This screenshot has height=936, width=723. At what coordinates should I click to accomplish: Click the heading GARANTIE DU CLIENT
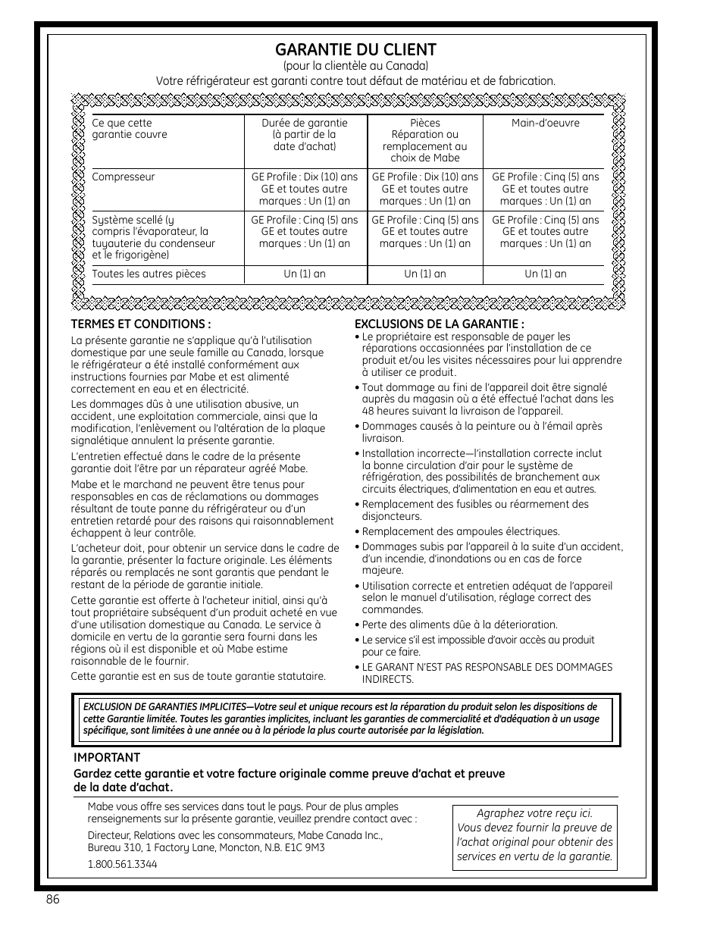355,50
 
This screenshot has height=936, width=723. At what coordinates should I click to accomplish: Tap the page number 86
52,899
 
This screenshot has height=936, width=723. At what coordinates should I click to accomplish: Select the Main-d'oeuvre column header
545,123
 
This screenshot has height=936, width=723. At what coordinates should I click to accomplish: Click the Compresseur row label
123,177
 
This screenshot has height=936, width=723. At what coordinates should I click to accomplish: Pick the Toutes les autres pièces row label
149,274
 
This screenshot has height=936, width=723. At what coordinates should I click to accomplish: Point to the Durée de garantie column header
305,135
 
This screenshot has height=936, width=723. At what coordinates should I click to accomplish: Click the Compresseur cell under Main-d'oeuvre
545,189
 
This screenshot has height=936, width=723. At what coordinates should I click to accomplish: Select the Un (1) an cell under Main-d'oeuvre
545,274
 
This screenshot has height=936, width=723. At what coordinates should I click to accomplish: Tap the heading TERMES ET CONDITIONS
140,324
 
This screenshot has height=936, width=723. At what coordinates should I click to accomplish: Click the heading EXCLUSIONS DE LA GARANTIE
440,324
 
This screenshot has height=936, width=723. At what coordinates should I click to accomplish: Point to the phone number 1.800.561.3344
122,864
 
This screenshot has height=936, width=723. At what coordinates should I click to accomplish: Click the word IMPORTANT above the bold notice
107,757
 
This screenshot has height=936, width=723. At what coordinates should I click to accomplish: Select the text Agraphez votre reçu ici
534,812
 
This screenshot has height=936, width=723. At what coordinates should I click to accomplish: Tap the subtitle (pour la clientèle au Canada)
355,66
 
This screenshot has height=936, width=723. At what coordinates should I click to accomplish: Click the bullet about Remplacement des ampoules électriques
460,531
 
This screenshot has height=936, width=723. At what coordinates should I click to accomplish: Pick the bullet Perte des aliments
459,625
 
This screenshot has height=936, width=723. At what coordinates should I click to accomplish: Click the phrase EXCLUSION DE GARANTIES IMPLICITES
166,707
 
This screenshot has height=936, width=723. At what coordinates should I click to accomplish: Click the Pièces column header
424,140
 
